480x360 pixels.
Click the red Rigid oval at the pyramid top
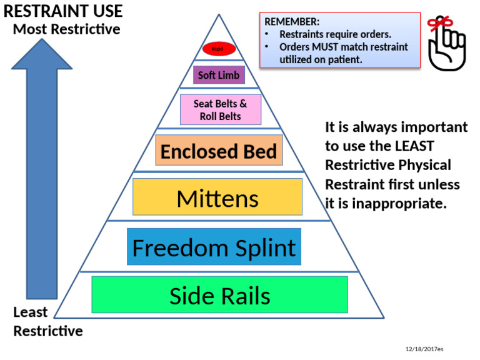click(x=219, y=49)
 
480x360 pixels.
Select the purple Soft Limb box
click(x=219, y=76)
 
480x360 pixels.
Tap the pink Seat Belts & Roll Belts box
click(x=221, y=110)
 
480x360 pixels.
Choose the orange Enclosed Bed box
click(x=219, y=151)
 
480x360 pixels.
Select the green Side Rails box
click(x=220, y=294)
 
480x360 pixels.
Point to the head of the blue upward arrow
click(x=41, y=53)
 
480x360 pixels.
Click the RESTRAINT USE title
click(x=63, y=11)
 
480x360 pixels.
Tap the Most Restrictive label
click(x=66, y=29)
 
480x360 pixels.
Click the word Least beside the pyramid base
click(x=31, y=312)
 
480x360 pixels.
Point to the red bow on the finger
click(x=441, y=24)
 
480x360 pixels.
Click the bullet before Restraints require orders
click(x=267, y=34)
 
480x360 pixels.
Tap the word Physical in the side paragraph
click(x=427, y=166)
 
